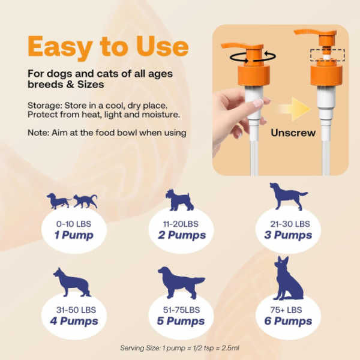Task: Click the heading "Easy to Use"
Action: click(108, 47)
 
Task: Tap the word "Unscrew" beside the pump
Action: click(293, 133)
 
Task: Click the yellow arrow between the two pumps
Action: click(295, 108)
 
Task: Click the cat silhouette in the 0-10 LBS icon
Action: click(86, 200)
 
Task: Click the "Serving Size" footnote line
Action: click(181, 347)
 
